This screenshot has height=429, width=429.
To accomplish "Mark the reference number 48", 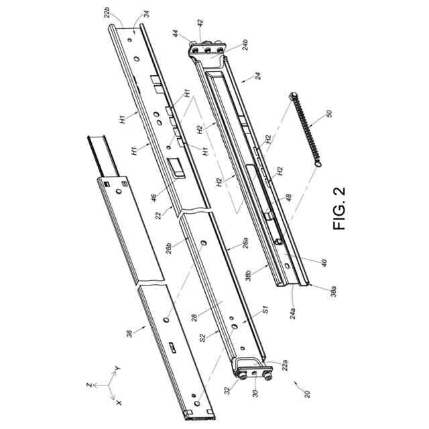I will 286,198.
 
